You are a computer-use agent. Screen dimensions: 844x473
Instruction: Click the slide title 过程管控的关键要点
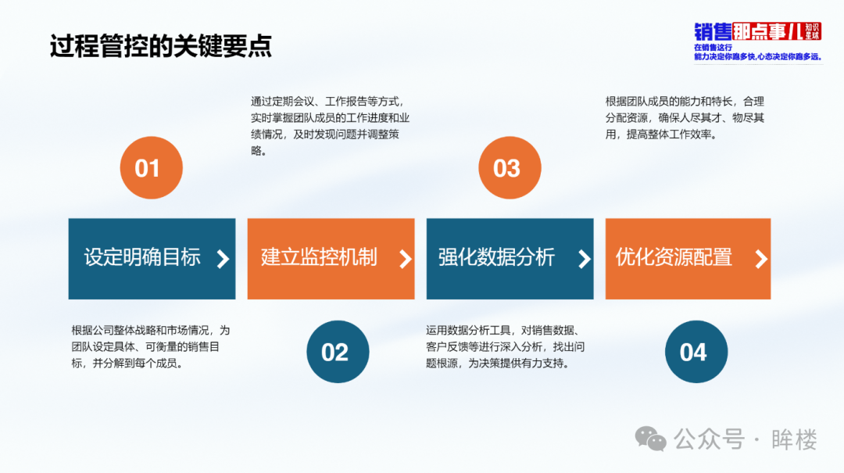161,46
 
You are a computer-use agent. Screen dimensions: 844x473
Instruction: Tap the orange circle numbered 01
152,167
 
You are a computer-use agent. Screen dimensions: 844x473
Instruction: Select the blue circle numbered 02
338,352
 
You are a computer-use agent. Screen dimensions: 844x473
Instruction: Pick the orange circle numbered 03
510,167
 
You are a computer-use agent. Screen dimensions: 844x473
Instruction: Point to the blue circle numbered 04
696,352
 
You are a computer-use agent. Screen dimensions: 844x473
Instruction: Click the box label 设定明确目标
142,257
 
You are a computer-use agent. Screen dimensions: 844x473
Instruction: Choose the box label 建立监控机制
319,257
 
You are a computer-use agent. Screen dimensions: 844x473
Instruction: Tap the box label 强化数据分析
496,257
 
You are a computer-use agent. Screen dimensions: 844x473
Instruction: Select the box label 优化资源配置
674,257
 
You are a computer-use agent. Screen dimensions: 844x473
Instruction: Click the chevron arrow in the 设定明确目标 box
223,259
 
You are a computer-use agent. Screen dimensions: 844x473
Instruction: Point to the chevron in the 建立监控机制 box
406,259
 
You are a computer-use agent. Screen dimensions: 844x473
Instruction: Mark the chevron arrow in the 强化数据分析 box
584,259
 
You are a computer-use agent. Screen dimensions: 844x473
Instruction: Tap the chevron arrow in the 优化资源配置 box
761,259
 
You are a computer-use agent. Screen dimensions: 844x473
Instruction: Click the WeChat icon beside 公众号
650,439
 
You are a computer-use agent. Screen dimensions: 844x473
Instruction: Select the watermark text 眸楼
795,439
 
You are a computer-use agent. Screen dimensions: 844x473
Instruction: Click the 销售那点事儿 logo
758,41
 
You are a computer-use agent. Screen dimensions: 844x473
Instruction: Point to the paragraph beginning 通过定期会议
330,126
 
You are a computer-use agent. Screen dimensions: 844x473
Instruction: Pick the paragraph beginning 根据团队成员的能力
685,118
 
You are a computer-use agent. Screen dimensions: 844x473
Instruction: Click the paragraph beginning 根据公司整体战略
151,347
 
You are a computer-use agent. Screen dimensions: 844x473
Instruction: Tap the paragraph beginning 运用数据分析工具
506,347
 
